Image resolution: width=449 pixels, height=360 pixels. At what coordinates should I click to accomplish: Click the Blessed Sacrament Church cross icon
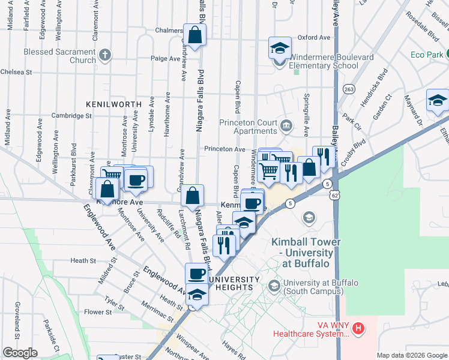click(105, 56)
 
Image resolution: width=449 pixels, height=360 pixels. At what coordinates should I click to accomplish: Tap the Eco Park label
click(427, 55)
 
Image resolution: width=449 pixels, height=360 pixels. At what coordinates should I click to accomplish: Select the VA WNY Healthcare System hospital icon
click(358, 328)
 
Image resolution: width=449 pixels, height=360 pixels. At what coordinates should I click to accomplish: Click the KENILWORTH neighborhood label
click(113, 104)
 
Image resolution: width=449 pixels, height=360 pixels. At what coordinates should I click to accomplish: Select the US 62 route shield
click(335, 194)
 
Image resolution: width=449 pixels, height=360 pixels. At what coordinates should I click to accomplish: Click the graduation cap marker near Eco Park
click(438, 101)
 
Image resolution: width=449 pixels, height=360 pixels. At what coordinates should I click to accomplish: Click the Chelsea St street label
click(16, 72)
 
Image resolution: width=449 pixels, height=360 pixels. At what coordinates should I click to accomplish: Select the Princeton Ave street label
click(224, 149)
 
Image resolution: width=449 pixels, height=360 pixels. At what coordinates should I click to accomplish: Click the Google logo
click(20, 353)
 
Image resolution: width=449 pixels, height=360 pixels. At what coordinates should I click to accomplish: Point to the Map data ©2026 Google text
click(411, 355)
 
